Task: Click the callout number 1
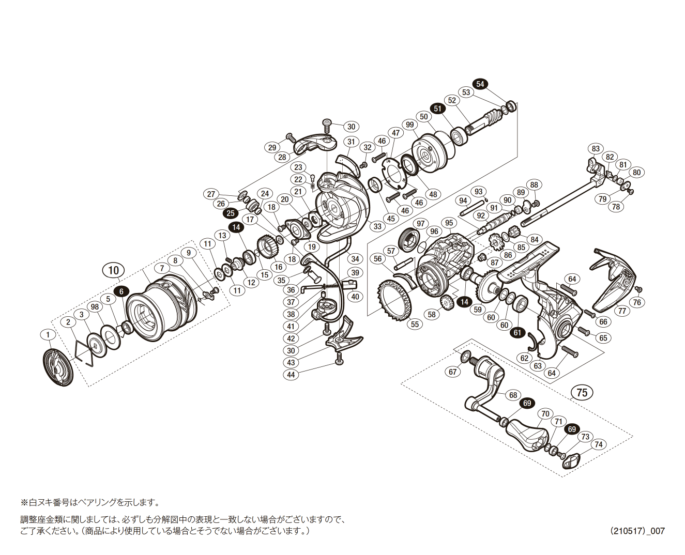tap(48, 335)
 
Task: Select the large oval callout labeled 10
tap(114, 270)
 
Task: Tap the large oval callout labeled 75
tap(582, 392)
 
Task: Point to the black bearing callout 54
tap(480, 84)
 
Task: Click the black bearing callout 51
tap(438, 109)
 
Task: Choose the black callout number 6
tap(121, 291)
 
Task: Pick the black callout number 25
tap(231, 213)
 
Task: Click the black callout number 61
tap(517, 333)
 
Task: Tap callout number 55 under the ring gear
tap(415, 324)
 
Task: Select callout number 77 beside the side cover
tap(622, 311)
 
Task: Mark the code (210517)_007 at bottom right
tap(637, 531)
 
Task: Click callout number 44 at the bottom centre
tap(291, 375)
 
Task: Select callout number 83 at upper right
tap(596, 149)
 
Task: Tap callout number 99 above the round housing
tap(410, 125)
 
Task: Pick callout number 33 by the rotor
tap(377, 226)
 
